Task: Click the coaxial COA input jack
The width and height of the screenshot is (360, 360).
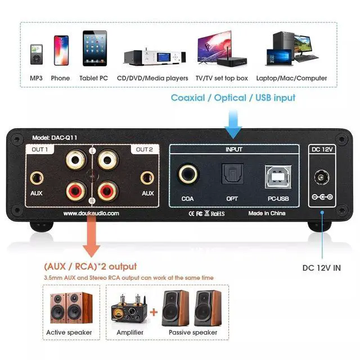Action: click(188, 174)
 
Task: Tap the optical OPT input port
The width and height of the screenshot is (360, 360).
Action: click(232, 174)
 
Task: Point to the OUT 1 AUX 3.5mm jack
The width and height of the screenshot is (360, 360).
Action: click(37, 178)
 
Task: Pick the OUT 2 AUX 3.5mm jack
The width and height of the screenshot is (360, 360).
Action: click(148, 178)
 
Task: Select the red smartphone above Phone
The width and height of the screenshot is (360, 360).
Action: click(60, 51)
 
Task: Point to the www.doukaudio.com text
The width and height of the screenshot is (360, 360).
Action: click(91, 214)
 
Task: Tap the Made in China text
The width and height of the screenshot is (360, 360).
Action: click(267, 214)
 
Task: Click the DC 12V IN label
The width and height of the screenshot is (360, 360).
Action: click(321, 268)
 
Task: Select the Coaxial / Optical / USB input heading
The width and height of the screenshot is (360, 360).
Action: click(233, 97)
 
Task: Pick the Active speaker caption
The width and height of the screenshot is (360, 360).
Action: click(69, 332)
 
